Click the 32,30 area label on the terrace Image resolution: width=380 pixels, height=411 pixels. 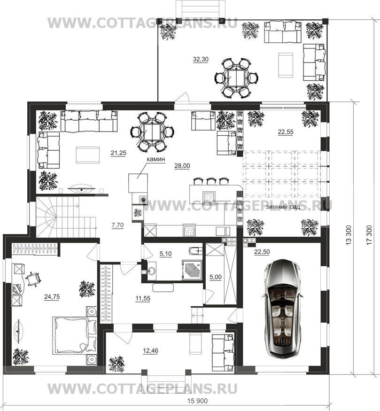[201, 60]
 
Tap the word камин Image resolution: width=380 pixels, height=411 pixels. [155, 159]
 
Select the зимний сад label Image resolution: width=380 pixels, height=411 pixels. [283, 207]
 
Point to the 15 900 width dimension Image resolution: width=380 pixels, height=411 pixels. [198, 401]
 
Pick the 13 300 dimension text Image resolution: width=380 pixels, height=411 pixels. [348, 235]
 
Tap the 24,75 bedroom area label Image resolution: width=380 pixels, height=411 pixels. [52, 297]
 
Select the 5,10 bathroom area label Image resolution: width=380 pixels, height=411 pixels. [166, 254]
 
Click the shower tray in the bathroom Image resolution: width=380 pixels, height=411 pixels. [192, 270]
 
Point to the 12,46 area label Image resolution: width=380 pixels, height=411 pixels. [151, 351]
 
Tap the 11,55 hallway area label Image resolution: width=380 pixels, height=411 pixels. [143, 298]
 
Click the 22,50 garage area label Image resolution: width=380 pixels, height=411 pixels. [262, 252]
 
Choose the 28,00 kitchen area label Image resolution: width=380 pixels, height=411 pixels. [182, 166]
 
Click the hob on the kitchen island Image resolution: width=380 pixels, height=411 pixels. [209, 197]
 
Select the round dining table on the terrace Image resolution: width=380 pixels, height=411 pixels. [237, 78]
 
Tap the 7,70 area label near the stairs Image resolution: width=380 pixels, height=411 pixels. [118, 225]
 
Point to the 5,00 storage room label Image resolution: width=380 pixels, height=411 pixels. [216, 277]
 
